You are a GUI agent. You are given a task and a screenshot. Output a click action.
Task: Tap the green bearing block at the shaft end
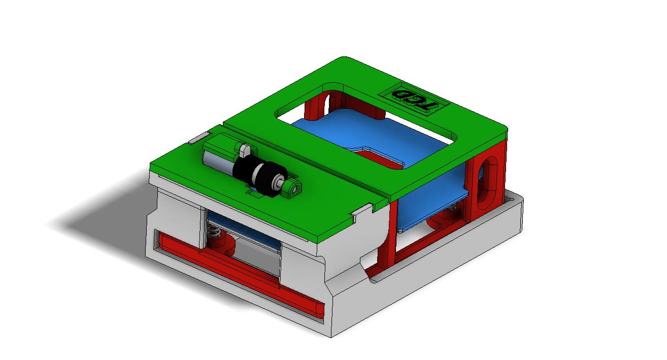tap(292, 189)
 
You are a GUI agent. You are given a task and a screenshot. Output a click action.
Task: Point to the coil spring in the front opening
tap(214, 235)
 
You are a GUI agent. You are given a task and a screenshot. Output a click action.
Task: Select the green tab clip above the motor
tap(245, 150)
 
